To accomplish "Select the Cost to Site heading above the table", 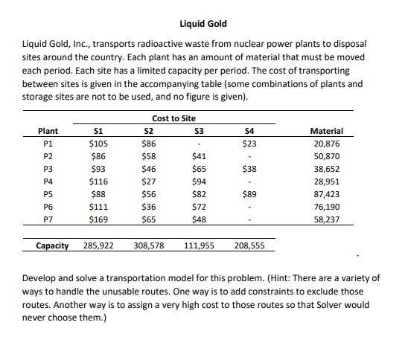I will (x=174, y=119).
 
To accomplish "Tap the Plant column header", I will (x=48, y=131).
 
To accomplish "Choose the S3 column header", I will (x=197, y=131).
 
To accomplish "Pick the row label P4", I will (x=48, y=180).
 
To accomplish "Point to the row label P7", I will (x=48, y=219).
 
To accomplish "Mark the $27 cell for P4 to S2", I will (x=149, y=180).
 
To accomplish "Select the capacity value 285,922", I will (x=98, y=245).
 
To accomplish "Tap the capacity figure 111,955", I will (x=198, y=245).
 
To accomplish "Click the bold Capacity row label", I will (x=53, y=245).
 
